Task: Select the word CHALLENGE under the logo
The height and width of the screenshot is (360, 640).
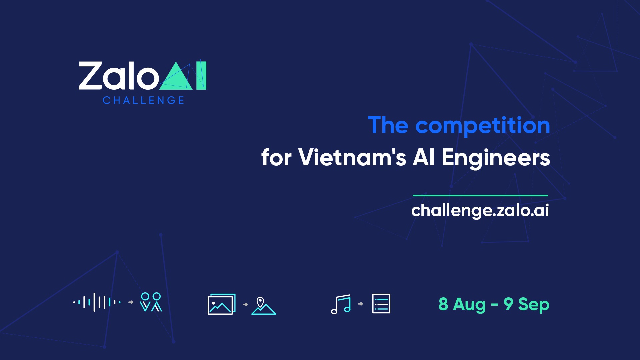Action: click(143, 100)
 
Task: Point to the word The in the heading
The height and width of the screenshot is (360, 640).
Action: click(388, 125)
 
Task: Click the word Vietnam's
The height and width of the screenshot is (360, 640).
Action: click(352, 157)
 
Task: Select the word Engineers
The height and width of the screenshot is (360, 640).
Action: click(496, 158)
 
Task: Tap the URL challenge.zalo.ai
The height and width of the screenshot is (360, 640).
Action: click(480, 210)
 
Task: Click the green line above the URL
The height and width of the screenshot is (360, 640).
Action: click(480, 195)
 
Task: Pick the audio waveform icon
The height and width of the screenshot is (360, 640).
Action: click(97, 302)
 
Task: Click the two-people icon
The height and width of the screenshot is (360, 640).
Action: click(151, 302)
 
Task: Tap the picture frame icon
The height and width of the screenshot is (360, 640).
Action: click(221, 304)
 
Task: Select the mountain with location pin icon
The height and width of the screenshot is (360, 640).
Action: click(263, 306)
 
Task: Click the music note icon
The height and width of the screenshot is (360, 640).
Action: click(341, 304)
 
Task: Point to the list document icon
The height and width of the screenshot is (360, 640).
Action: click(381, 304)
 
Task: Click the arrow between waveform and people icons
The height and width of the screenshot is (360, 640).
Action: click(131, 302)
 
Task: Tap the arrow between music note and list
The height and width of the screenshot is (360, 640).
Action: click(360, 304)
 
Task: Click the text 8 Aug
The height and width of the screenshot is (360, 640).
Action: click(462, 304)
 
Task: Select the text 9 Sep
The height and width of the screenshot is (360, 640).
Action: click(526, 304)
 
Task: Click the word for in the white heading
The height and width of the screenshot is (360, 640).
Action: click(276, 157)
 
